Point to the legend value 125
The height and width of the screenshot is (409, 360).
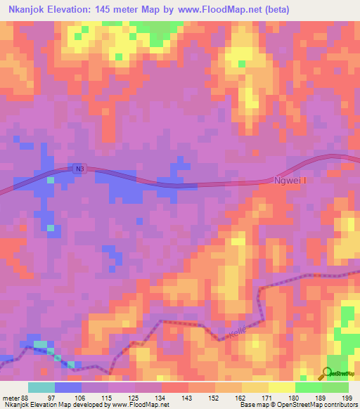pos(135,397)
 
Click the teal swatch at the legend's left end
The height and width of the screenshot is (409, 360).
pos(41,387)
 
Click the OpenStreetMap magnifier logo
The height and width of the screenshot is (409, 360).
pos(327,373)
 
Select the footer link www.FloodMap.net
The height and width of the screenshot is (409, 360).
pos(141,405)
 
